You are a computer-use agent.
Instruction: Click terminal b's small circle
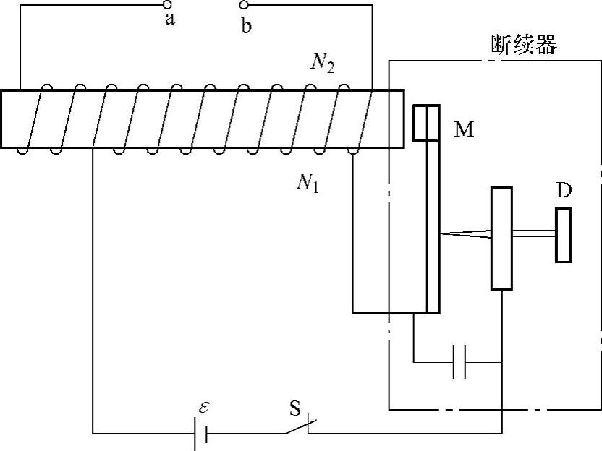(x=244, y=6)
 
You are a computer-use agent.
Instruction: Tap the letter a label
(x=170, y=20)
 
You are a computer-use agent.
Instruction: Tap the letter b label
(x=247, y=26)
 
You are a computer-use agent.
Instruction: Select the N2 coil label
(x=321, y=65)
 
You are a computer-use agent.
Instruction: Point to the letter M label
(x=464, y=130)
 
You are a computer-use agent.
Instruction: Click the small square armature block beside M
(x=426, y=123)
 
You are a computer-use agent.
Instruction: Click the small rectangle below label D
(x=564, y=235)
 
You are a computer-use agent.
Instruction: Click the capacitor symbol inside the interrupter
(x=459, y=361)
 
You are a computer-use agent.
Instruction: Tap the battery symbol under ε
(x=201, y=433)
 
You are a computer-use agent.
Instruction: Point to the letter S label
(x=294, y=408)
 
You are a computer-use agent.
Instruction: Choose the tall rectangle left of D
(x=501, y=238)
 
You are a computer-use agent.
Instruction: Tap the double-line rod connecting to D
(x=534, y=233)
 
